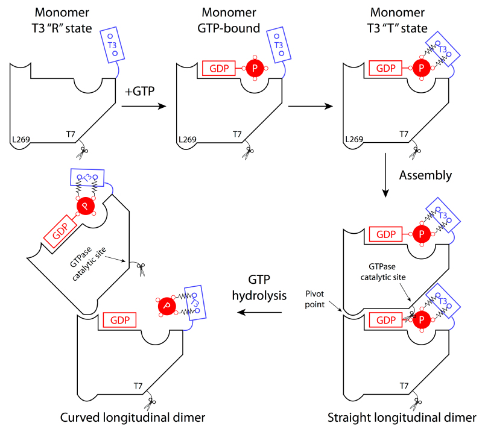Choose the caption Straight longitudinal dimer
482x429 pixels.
point(402,418)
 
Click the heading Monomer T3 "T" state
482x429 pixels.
point(399,19)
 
